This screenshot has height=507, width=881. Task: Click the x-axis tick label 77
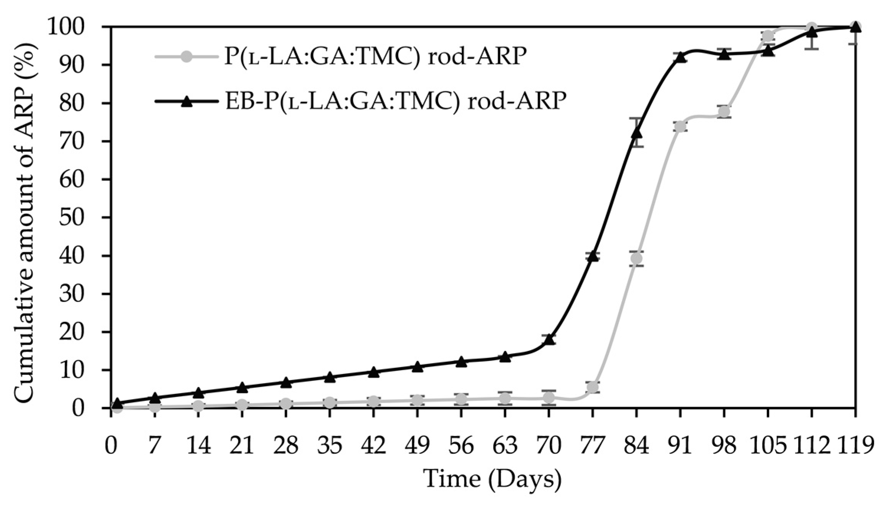pyautogui.click(x=593, y=446)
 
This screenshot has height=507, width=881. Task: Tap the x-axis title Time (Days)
pyautogui.click(x=493, y=479)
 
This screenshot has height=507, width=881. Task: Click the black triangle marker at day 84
pyautogui.click(x=636, y=133)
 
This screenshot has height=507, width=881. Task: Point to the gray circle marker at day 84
pyautogui.click(x=636, y=259)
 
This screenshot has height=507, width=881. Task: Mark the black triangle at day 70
pyautogui.click(x=549, y=340)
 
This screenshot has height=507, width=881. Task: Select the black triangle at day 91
pyautogui.click(x=680, y=57)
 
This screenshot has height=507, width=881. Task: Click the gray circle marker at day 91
pyautogui.click(x=680, y=126)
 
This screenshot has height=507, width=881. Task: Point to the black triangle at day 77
pyautogui.click(x=593, y=256)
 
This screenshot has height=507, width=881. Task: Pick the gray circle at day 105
pyautogui.click(x=768, y=37)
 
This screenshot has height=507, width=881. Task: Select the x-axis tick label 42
pyautogui.click(x=374, y=446)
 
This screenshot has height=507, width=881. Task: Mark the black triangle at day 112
pyautogui.click(x=811, y=32)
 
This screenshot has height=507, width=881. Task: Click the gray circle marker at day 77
pyautogui.click(x=593, y=387)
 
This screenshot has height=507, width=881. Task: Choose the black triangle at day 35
pyautogui.click(x=330, y=377)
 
